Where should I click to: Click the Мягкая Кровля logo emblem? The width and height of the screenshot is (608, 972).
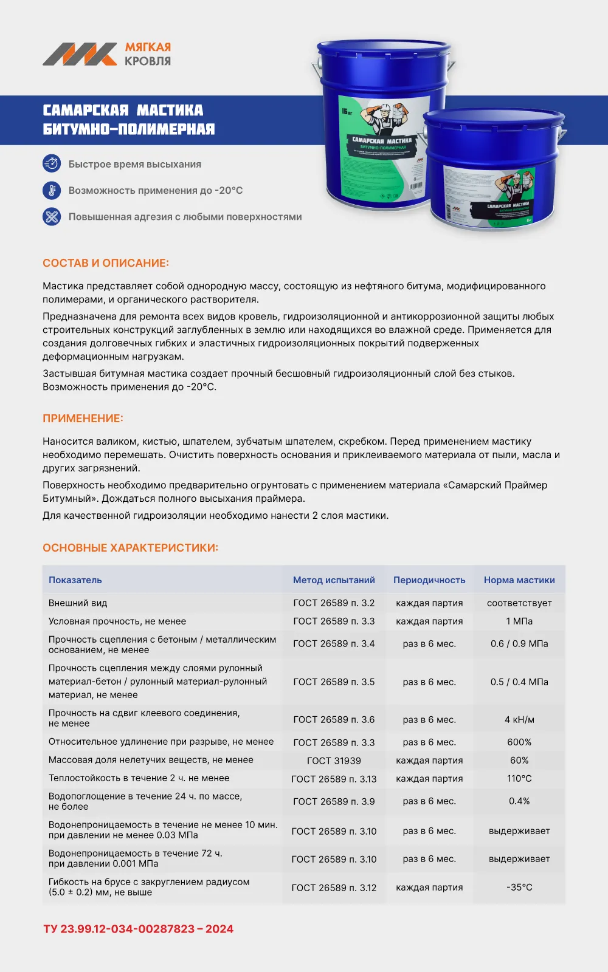[80, 54]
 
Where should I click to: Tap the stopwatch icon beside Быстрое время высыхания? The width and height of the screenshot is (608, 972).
[52, 164]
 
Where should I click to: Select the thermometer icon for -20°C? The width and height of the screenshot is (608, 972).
[52, 190]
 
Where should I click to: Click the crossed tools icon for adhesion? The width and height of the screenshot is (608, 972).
[52, 216]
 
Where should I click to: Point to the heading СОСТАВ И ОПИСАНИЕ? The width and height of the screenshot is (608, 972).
[106, 263]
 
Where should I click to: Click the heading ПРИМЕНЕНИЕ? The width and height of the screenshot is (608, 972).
[83, 419]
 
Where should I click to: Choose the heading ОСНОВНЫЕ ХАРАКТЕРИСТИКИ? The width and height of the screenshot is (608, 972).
[130, 548]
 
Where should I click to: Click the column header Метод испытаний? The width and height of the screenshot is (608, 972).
[334, 580]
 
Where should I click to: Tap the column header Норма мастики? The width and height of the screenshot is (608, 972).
[519, 580]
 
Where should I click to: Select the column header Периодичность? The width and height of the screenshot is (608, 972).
[429, 580]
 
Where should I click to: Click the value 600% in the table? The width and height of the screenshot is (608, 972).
[519, 742]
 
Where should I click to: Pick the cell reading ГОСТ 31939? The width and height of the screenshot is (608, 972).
[334, 761]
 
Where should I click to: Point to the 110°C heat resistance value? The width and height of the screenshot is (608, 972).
[519, 779]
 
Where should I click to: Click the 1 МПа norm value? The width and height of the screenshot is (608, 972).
[519, 621]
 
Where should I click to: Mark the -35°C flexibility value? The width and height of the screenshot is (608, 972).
[519, 888]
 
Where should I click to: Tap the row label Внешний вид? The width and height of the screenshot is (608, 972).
[78, 603]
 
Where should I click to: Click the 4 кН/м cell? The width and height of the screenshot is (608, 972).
[519, 720]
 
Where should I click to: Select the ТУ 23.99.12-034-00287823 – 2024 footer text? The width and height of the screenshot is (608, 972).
[139, 929]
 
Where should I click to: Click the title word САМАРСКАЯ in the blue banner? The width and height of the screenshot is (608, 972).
[86, 111]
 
